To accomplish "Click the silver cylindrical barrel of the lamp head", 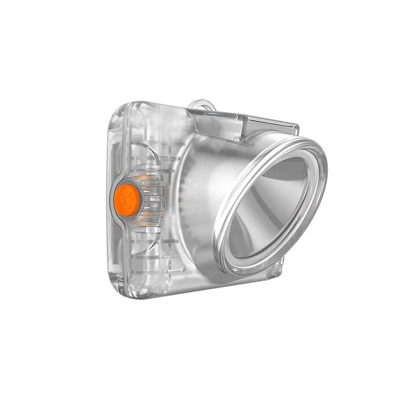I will [x=210, y=175].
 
